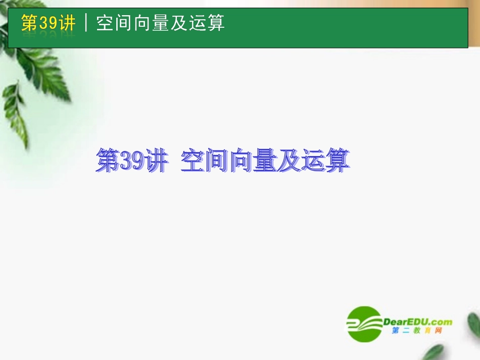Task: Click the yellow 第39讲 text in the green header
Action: pos(49,23)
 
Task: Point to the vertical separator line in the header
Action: pos(86,23)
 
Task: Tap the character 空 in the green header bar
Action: pos(105,23)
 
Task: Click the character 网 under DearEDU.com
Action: pos(439,331)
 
